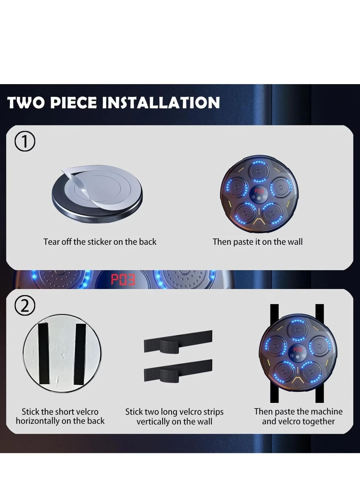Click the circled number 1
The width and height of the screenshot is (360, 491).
[x=25, y=142]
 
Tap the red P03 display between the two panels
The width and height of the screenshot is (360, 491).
[x=123, y=280]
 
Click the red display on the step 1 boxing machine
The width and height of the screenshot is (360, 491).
[x=259, y=191]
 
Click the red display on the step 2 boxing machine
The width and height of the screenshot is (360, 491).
[x=297, y=350]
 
